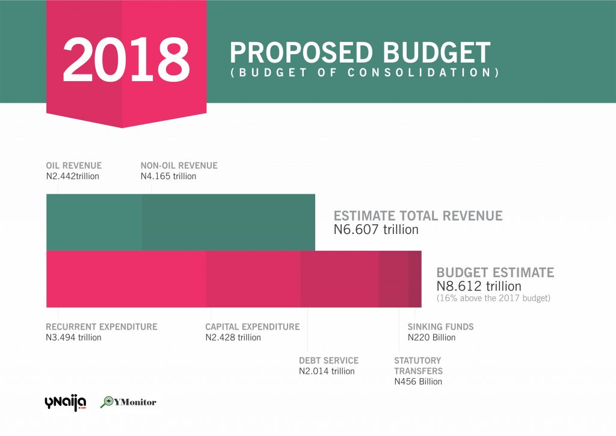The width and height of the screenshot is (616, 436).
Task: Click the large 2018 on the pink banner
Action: point(126,61)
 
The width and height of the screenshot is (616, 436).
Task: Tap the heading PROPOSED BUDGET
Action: point(360,53)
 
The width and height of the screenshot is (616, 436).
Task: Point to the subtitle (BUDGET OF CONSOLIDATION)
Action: point(365,73)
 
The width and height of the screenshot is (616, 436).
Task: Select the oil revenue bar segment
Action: point(93,222)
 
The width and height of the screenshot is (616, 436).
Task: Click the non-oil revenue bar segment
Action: point(228,222)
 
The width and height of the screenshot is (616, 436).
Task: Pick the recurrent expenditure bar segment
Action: point(126,279)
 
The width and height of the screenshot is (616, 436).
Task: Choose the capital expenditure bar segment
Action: point(253,279)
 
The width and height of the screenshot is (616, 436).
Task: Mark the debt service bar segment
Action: point(339,279)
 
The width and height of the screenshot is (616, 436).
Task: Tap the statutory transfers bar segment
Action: point(393,279)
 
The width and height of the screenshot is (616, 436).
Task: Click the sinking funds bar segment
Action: point(415,279)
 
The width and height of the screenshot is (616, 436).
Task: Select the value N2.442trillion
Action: point(72,176)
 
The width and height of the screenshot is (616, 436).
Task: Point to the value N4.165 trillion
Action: point(168,176)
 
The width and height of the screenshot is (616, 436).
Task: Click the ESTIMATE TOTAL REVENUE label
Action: point(418,216)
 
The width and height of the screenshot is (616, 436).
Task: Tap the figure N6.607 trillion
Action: point(376,230)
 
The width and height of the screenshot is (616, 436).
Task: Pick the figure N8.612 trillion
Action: point(479,286)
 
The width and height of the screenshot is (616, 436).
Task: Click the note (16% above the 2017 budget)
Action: point(493,298)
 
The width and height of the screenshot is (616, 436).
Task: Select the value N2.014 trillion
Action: point(327,371)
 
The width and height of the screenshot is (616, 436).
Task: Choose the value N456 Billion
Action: point(418,381)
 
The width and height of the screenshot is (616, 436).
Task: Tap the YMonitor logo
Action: point(128,402)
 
